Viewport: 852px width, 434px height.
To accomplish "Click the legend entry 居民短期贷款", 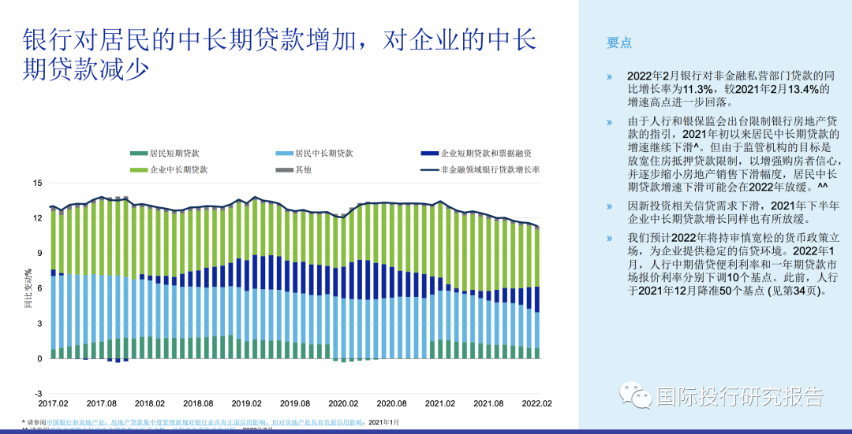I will point(164,153).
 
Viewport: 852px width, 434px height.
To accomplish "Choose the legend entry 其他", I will point(303,169).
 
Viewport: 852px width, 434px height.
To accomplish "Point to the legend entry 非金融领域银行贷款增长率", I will point(490,169).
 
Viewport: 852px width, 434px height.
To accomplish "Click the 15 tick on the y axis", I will point(37,183).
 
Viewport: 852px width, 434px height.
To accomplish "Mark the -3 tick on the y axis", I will point(37,393).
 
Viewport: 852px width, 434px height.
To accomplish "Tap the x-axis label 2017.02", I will point(54,402).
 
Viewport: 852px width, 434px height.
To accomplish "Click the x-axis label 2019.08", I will point(297,402).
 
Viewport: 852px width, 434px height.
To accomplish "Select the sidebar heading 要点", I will point(619,43).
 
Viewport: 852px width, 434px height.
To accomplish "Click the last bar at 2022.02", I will point(537,292).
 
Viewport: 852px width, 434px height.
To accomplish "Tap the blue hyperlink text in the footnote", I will point(197,422).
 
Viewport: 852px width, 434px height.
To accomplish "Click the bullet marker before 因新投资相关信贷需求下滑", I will point(609,206).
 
